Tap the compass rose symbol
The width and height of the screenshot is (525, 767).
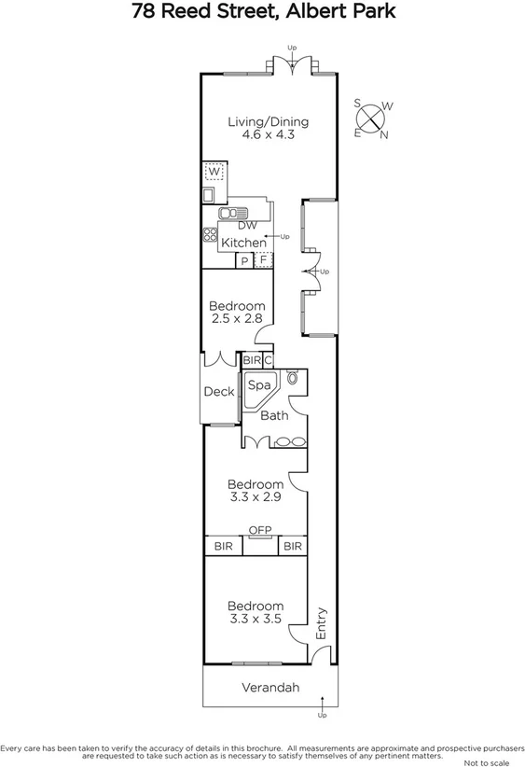[x=371, y=119]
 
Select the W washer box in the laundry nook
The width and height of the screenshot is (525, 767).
[x=214, y=172]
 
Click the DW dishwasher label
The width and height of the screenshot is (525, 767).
[x=246, y=226]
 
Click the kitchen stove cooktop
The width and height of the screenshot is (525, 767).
[x=210, y=236]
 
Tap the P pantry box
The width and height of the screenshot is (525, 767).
[x=244, y=260]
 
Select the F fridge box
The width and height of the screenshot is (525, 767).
[x=263, y=260]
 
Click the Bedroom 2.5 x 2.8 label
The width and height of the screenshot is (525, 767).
[x=237, y=312]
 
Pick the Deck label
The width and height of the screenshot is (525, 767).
[x=219, y=392]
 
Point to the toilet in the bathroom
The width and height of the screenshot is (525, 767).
[x=294, y=379]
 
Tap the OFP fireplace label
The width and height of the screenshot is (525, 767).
[x=258, y=531]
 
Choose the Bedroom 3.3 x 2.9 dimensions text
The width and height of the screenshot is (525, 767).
[x=256, y=497]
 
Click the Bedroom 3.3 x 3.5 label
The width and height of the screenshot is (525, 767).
[x=256, y=612]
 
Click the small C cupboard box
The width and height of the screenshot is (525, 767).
[x=268, y=360]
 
